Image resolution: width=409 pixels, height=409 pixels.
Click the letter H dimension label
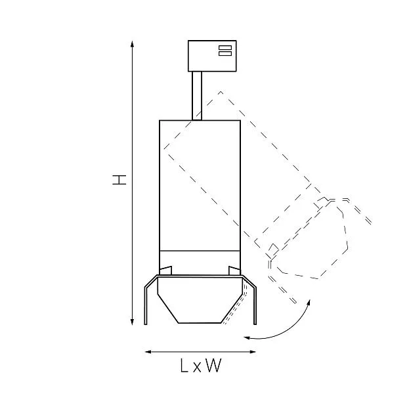pyautogui.click(x=119, y=180)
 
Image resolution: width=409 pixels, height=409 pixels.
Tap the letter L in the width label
pyautogui.click(x=184, y=365)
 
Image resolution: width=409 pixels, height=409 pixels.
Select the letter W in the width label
pyautogui.click(x=213, y=365)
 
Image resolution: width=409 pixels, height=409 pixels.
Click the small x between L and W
pyautogui.click(x=197, y=367)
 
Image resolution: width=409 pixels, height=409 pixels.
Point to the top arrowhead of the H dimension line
pyautogui.click(x=132, y=44)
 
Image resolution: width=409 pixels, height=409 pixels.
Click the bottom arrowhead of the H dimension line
pyautogui.click(x=132, y=322)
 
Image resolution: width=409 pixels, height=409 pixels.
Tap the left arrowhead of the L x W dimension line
pyautogui.click(x=148, y=352)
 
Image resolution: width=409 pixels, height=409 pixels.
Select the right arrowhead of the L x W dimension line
pyautogui.click(x=253, y=352)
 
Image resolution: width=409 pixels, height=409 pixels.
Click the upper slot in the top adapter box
pyautogui.click(x=225, y=47)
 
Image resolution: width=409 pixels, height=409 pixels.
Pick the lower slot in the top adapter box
pyautogui.click(x=225, y=53)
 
